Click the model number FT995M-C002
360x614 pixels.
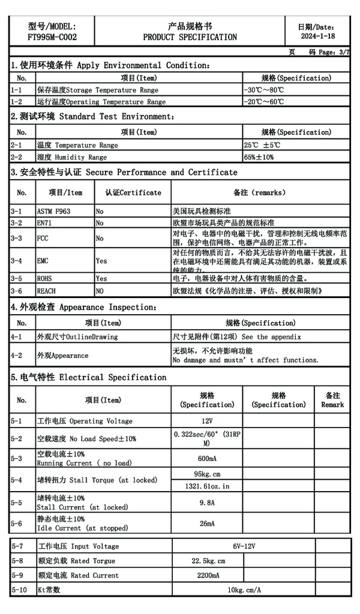pyautogui.click(x=52, y=37)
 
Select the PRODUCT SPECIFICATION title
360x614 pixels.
pyautogui.click(x=190, y=37)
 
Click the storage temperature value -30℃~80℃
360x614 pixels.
pyautogui.click(x=264, y=90)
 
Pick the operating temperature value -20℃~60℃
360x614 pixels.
pyautogui.click(x=264, y=102)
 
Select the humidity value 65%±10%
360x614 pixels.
pyautogui.click(x=259, y=157)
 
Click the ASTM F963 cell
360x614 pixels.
pyautogui.click(x=53, y=212)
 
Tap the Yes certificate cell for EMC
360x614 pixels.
pyautogui.click(x=101, y=261)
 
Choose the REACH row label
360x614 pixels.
pyautogui.click(x=46, y=291)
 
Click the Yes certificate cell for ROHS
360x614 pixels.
pyautogui.click(x=101, y=279)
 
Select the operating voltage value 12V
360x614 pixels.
pyautogui.click(x=207, y=421)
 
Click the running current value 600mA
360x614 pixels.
pyautogui.click(x=207, y=459)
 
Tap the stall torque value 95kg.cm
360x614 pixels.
pyautogui.click(x=207, y=474)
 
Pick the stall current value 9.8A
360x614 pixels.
pyautogui.click(x=207, y=502)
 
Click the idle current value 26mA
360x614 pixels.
pyautogui.click(x=207, y=523)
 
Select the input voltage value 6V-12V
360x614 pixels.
pyautogui.click(x=244, y=546)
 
